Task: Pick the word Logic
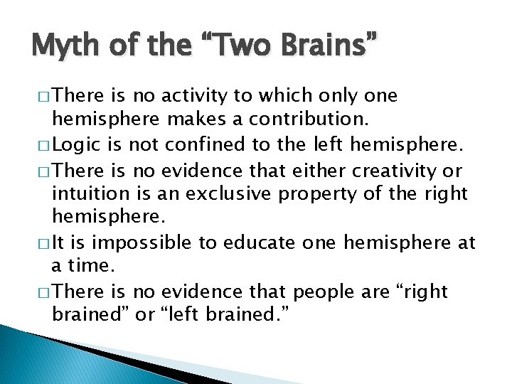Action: pos(77,146)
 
